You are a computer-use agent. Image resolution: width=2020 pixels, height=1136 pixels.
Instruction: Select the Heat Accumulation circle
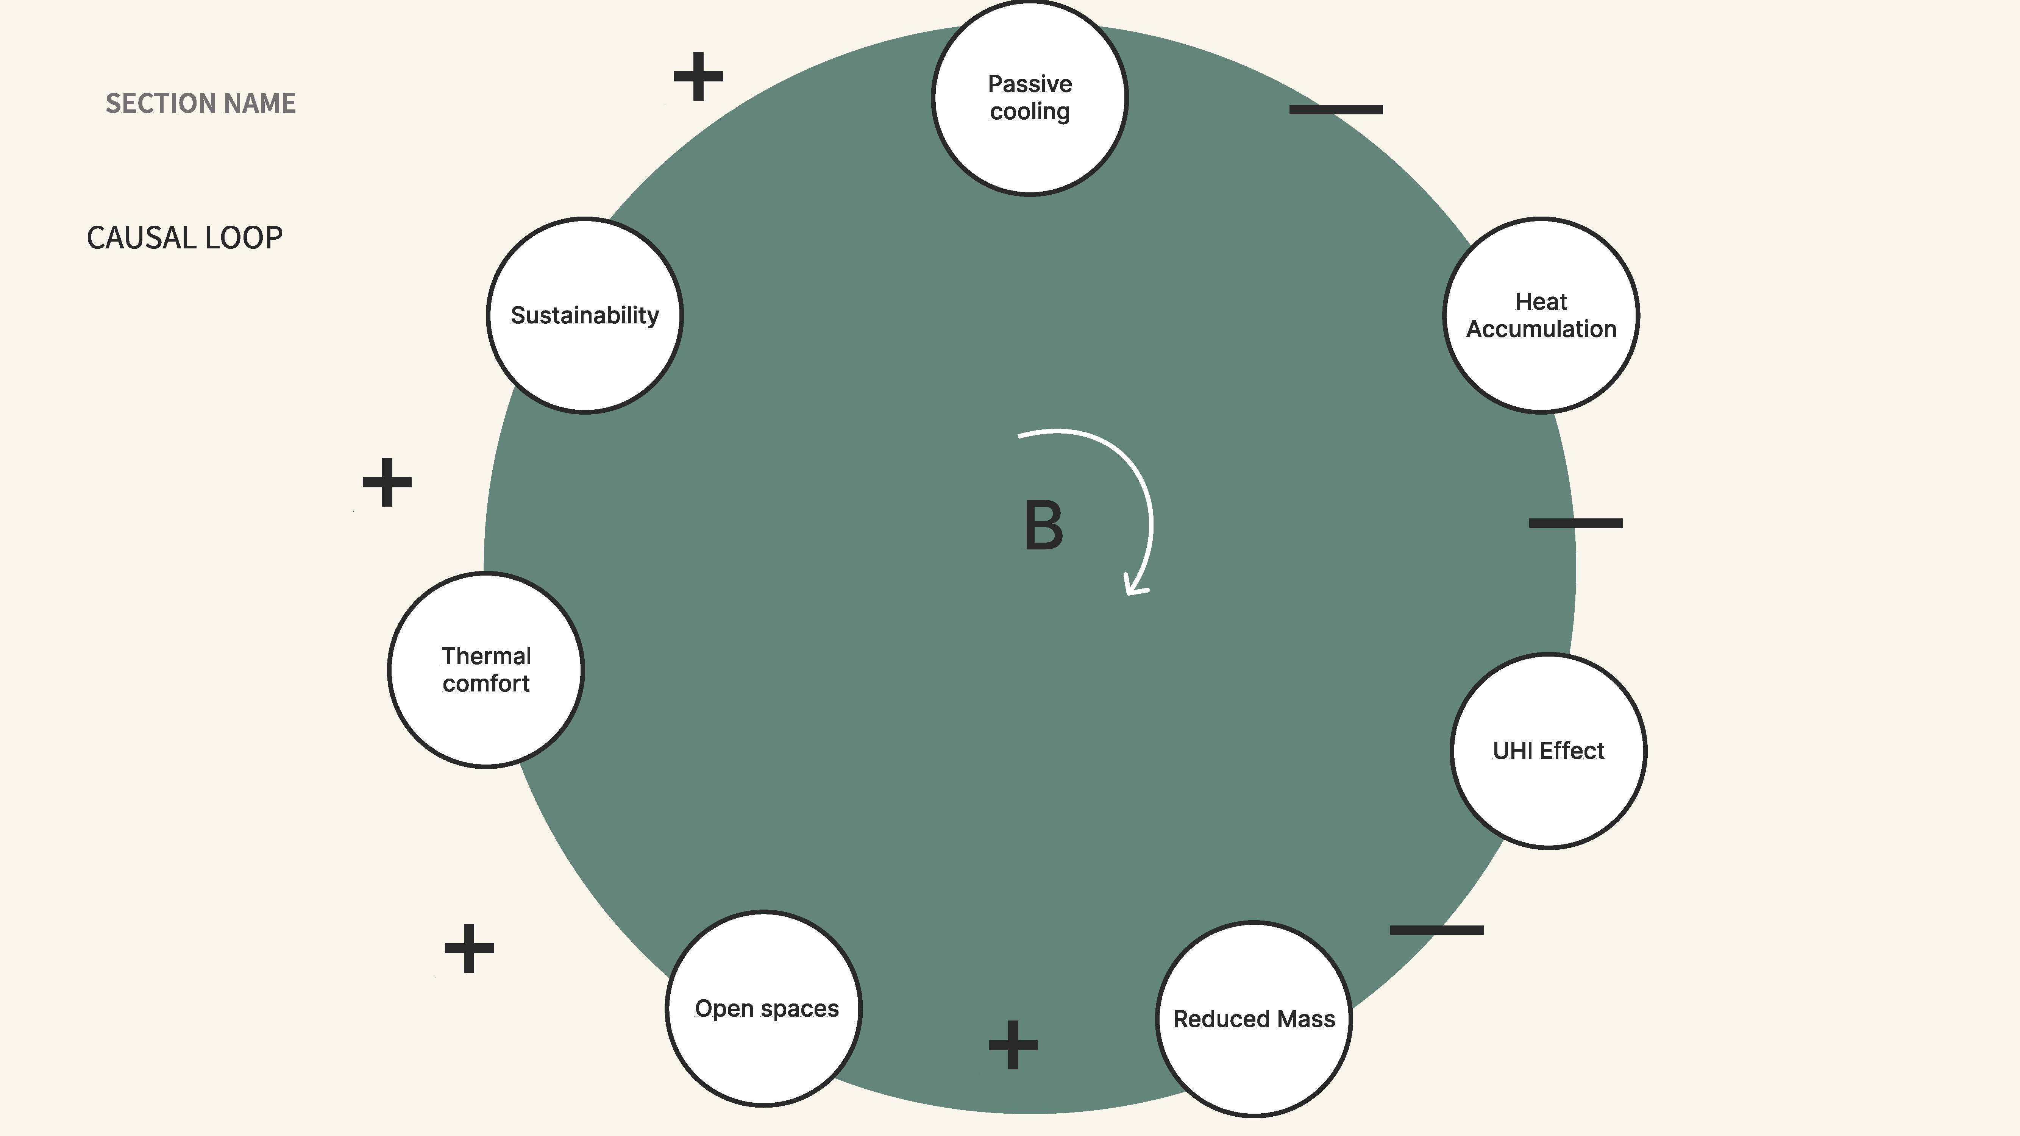[1541, 315]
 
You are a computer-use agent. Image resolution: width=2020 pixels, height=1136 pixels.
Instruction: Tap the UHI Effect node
[1548, 750]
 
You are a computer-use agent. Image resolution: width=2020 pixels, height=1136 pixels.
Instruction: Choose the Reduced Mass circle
[1254, 1018]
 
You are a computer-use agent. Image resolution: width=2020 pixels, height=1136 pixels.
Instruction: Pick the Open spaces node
[764, 1008]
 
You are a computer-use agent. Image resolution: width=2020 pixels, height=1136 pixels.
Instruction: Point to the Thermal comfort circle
[486, 669]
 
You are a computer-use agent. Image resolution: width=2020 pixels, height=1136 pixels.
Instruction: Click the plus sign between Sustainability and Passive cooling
[698, 76]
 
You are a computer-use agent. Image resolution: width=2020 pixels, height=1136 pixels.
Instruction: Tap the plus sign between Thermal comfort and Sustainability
[387, 482]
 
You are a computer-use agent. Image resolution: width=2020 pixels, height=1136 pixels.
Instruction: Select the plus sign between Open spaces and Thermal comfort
[469, 948]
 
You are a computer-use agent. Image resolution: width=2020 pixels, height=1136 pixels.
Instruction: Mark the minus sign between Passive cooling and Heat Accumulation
[1336, 110]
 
